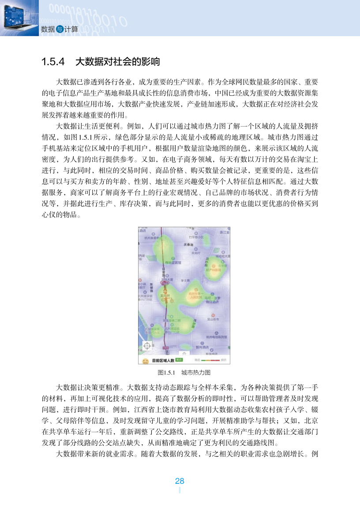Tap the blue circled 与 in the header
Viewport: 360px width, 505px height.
(60, 29)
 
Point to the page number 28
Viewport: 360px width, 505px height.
(180, 480)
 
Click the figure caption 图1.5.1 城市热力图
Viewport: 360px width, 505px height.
(184, 372)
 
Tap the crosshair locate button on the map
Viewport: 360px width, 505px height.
(147, 346)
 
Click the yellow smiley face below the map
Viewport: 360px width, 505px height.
(144, 360)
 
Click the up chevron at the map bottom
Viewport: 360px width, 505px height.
(184, 353)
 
